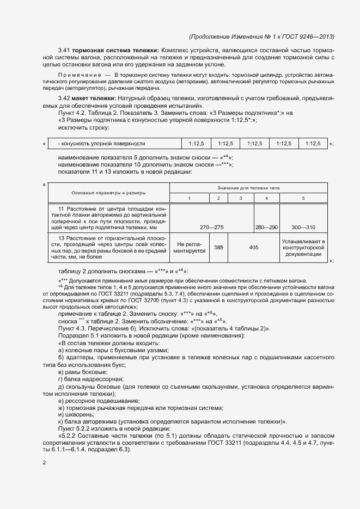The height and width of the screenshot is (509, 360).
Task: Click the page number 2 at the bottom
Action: (x=45, y=463)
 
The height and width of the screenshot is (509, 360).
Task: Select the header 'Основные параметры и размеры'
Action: (x=108, y=193)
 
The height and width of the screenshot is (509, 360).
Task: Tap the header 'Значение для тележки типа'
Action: (x=249, y=187)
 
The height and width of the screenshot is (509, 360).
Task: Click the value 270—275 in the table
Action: (x=212, y=226)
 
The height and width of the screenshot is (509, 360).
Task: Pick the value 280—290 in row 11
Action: (x=266, y=226)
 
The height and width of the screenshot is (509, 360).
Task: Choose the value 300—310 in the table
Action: (x=303, y=226)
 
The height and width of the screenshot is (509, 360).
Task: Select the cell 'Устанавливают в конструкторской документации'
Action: (x=303, y=248)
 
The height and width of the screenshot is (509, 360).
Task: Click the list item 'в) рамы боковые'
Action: (x=79, y=371)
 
